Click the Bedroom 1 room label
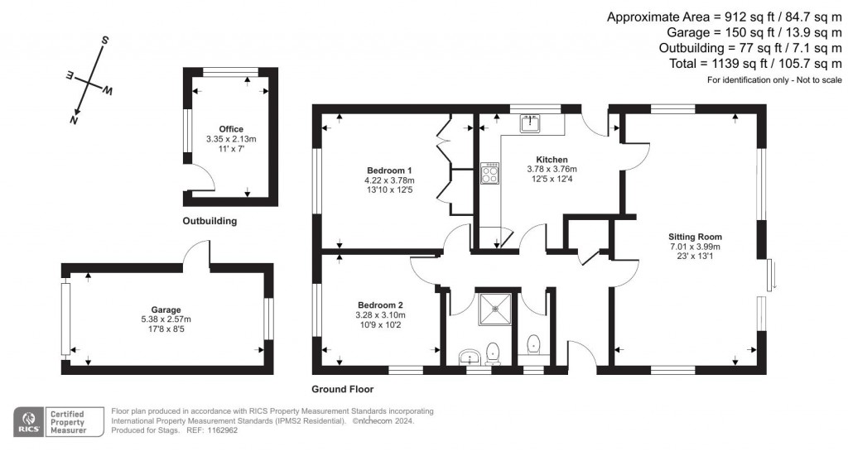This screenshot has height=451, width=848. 388,170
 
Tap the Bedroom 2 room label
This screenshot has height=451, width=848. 380,304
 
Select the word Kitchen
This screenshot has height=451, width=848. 552,159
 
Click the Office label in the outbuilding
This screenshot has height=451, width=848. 231,129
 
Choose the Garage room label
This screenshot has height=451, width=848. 166,309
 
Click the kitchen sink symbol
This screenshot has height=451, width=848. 530,124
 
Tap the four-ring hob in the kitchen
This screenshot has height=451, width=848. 489,173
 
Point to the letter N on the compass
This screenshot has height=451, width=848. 74,120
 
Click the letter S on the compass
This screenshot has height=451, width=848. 105,41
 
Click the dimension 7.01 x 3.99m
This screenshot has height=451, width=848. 694,246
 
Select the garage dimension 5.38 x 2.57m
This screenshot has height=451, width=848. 166,319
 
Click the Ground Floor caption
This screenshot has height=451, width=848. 342,389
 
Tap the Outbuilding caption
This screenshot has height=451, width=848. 210,221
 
